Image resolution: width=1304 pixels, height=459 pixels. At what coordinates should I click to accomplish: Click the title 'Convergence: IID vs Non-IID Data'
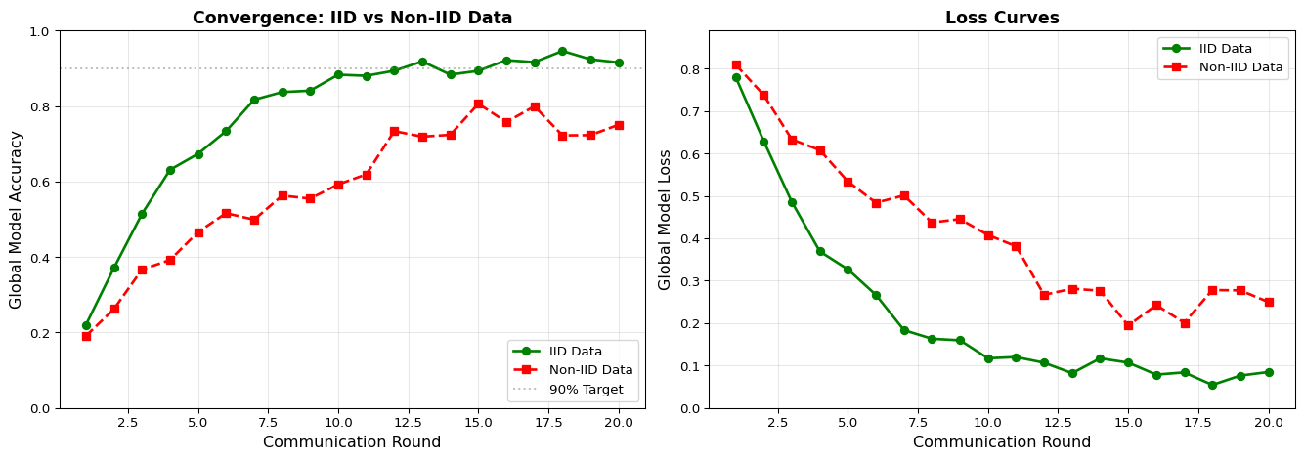(x=352, y=18)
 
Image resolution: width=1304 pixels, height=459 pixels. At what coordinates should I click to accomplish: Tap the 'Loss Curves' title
(x=1002, y=18)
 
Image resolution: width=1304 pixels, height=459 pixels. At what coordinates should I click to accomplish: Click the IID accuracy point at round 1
(x=86, y=325)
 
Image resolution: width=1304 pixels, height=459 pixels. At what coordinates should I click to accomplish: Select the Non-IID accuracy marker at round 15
(x=478, y=104)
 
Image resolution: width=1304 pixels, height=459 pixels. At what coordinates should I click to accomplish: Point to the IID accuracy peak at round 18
(x=562, y=51)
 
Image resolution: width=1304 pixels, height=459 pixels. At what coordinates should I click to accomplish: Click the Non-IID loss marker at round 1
(x=736, y=65)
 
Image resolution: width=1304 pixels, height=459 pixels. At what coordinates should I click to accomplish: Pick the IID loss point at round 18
(x=1212, y=385)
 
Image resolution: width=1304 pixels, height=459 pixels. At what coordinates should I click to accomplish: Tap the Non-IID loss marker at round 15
(x=1128, y=325)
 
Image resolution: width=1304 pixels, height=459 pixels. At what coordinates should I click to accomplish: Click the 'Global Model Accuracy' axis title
(x=17, y=220)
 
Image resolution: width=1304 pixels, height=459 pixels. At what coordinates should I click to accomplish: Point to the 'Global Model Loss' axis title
(x=666, y=220)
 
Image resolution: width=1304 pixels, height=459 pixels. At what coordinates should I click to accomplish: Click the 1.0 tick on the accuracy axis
(x=43, y=31)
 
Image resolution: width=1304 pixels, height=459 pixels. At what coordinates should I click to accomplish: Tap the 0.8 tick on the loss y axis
(x=692, y=69)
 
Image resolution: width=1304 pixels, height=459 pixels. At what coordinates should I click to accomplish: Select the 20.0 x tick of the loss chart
(x=1268, y=423)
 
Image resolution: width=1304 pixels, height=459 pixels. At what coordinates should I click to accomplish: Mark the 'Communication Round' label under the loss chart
(x=1002, y=442)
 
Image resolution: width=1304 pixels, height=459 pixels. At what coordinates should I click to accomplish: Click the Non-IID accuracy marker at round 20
(x=618, y=125)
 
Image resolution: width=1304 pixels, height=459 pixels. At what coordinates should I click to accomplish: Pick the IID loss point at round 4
(x=820, y=251)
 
